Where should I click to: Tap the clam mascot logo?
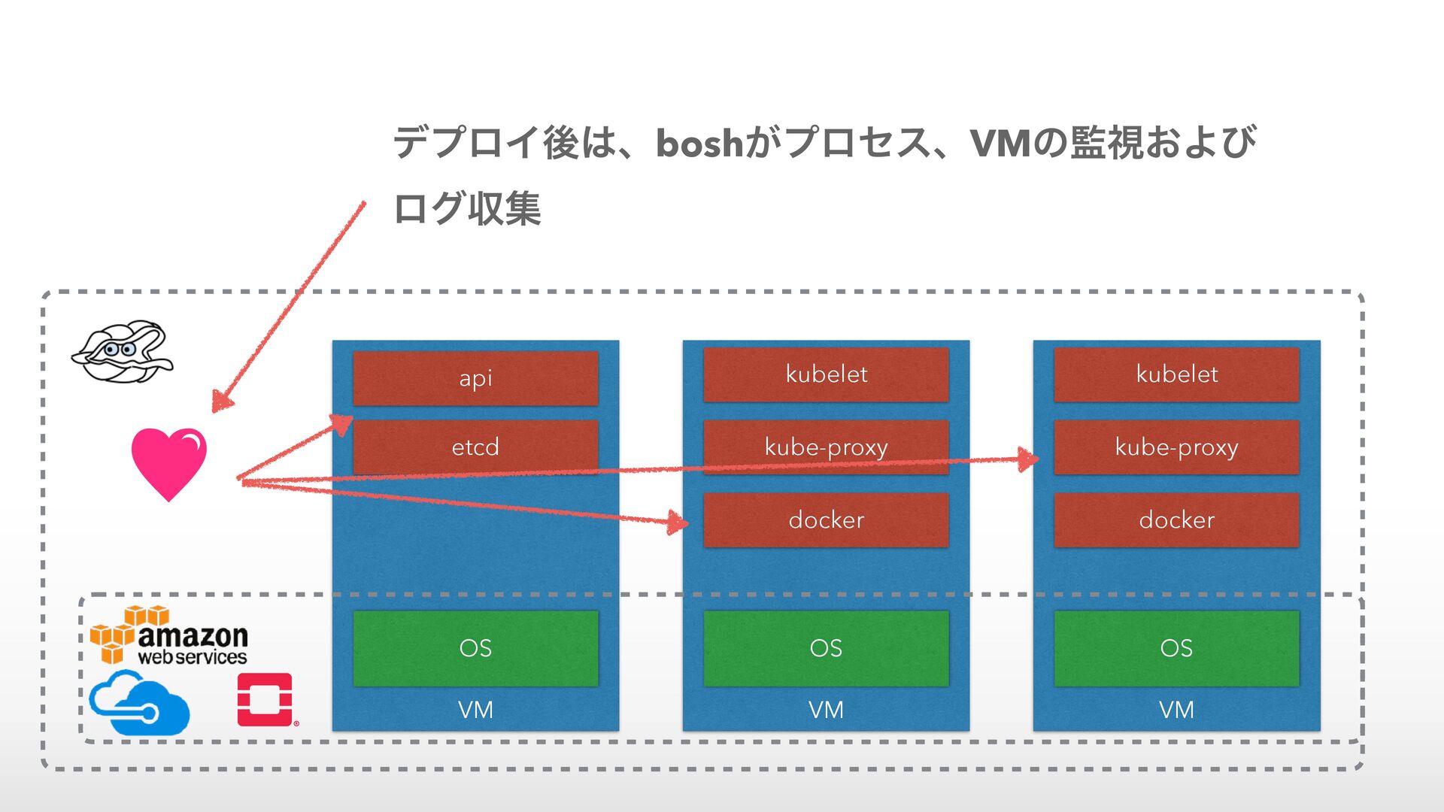pyautogui.click(x=123, y=352)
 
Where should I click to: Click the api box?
pyautogui.click(x=475, y=378)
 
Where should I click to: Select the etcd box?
pyautogui.click(x=475, y=447)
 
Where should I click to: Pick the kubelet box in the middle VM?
pyautogui.click(x=826, y=374)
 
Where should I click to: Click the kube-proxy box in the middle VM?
pyautogui.click(x=826, y=447)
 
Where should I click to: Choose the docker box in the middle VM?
pyautogui.click(x=826, y=520)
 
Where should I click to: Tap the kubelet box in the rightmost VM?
pyautogui.click(x=1176, y=374)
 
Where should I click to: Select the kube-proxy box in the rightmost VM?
pyautogui.click(x=1176, y=447)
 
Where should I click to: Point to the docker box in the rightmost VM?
pyautogui.click(x=1176, y=520)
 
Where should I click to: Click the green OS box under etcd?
pyautogui.click(x=475, y=648)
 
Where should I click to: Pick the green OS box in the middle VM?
pyautogui.click(x=826, y=648)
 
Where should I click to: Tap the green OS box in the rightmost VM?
pyautogui.click(x=1176, y=648)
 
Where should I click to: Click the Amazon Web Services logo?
pyautogui.click(x=169, y=635)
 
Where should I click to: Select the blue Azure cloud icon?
pyautogui.click(x=139, y=702)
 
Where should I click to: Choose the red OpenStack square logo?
pyautogui.click(x=265, y=699)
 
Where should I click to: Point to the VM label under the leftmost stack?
pyautogui.click(x=475, y=709)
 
